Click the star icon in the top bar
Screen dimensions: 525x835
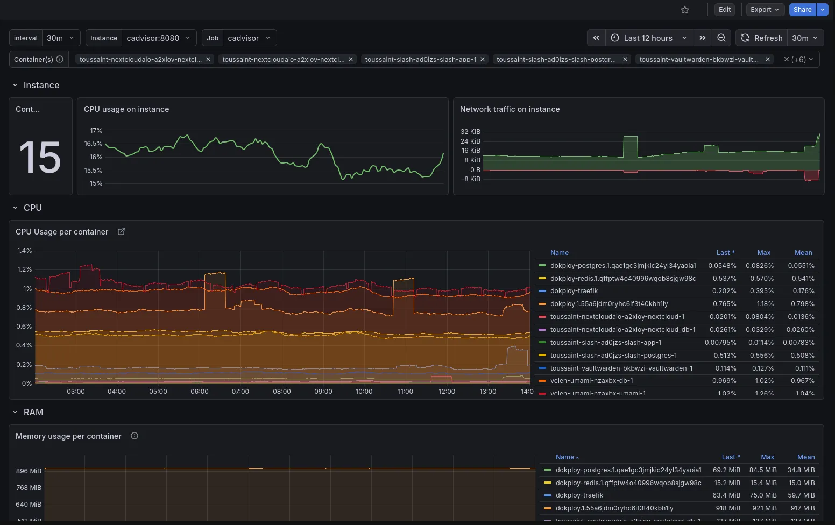tap(685, 10)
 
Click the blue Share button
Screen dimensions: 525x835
tap(802, 10)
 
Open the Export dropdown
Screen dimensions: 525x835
tap(765, 10)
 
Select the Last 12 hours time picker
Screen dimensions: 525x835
tap(649, 38)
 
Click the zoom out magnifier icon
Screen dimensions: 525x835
tap(721, 38)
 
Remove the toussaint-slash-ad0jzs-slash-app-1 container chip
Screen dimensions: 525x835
tap(483, 59)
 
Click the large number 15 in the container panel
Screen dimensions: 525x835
tap(40, 158)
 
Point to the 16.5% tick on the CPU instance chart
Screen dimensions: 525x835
tap(93, 144)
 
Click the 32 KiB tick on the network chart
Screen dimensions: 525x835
tap(470, 131)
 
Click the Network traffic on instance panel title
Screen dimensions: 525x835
tap(510, 109)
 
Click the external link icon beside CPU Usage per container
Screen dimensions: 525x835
tap(122, 231)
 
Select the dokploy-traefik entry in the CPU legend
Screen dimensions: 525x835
tap(574, 291)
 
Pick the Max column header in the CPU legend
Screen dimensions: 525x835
tap(763, 252)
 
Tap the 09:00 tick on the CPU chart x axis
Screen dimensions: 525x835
tap(323, 392)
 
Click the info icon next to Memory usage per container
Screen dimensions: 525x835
tap(135, 436)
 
